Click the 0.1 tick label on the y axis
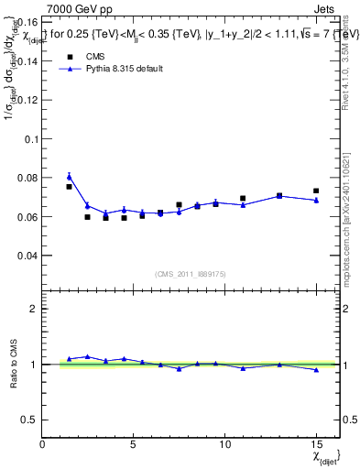click(x=30, y=139)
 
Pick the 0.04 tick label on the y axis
click(x=27, y=256)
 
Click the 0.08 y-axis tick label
click(x=27, y=178)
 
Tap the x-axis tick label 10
click(x=224, y=445)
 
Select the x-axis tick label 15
click(x=315, y=445)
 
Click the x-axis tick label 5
click(x=134, y=445)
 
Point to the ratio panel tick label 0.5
click(x=28, y=420)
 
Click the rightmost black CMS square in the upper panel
click(x=316, y=191)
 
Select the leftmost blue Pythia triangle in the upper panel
click(x=69, y=177)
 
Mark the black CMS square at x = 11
click(x=243, y=198)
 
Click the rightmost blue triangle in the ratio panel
click(x=316, y=370)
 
